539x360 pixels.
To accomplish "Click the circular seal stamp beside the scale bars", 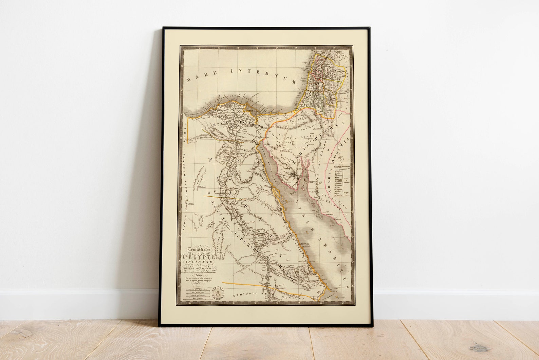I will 216,293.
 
